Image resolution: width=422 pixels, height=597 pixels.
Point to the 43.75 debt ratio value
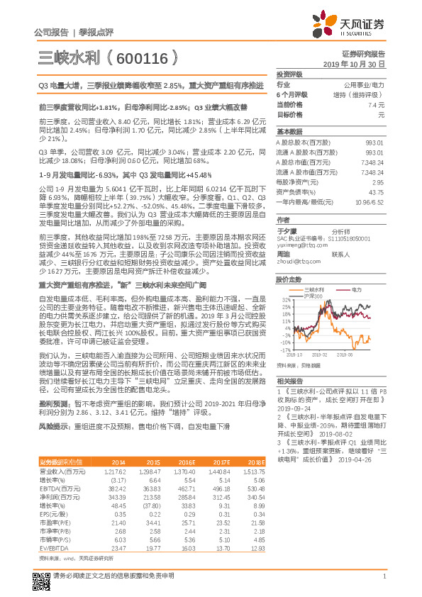pos(375,191)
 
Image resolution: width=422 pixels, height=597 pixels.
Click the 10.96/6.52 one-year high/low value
pos(370,202)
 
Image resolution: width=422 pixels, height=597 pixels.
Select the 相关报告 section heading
pos(290,381)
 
